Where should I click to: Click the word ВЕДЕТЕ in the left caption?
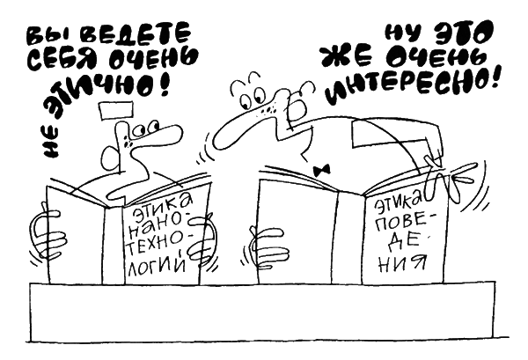[x=136, y=34]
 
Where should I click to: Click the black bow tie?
[x=321, y=171]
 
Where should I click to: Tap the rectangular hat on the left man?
[x=116, y=111]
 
